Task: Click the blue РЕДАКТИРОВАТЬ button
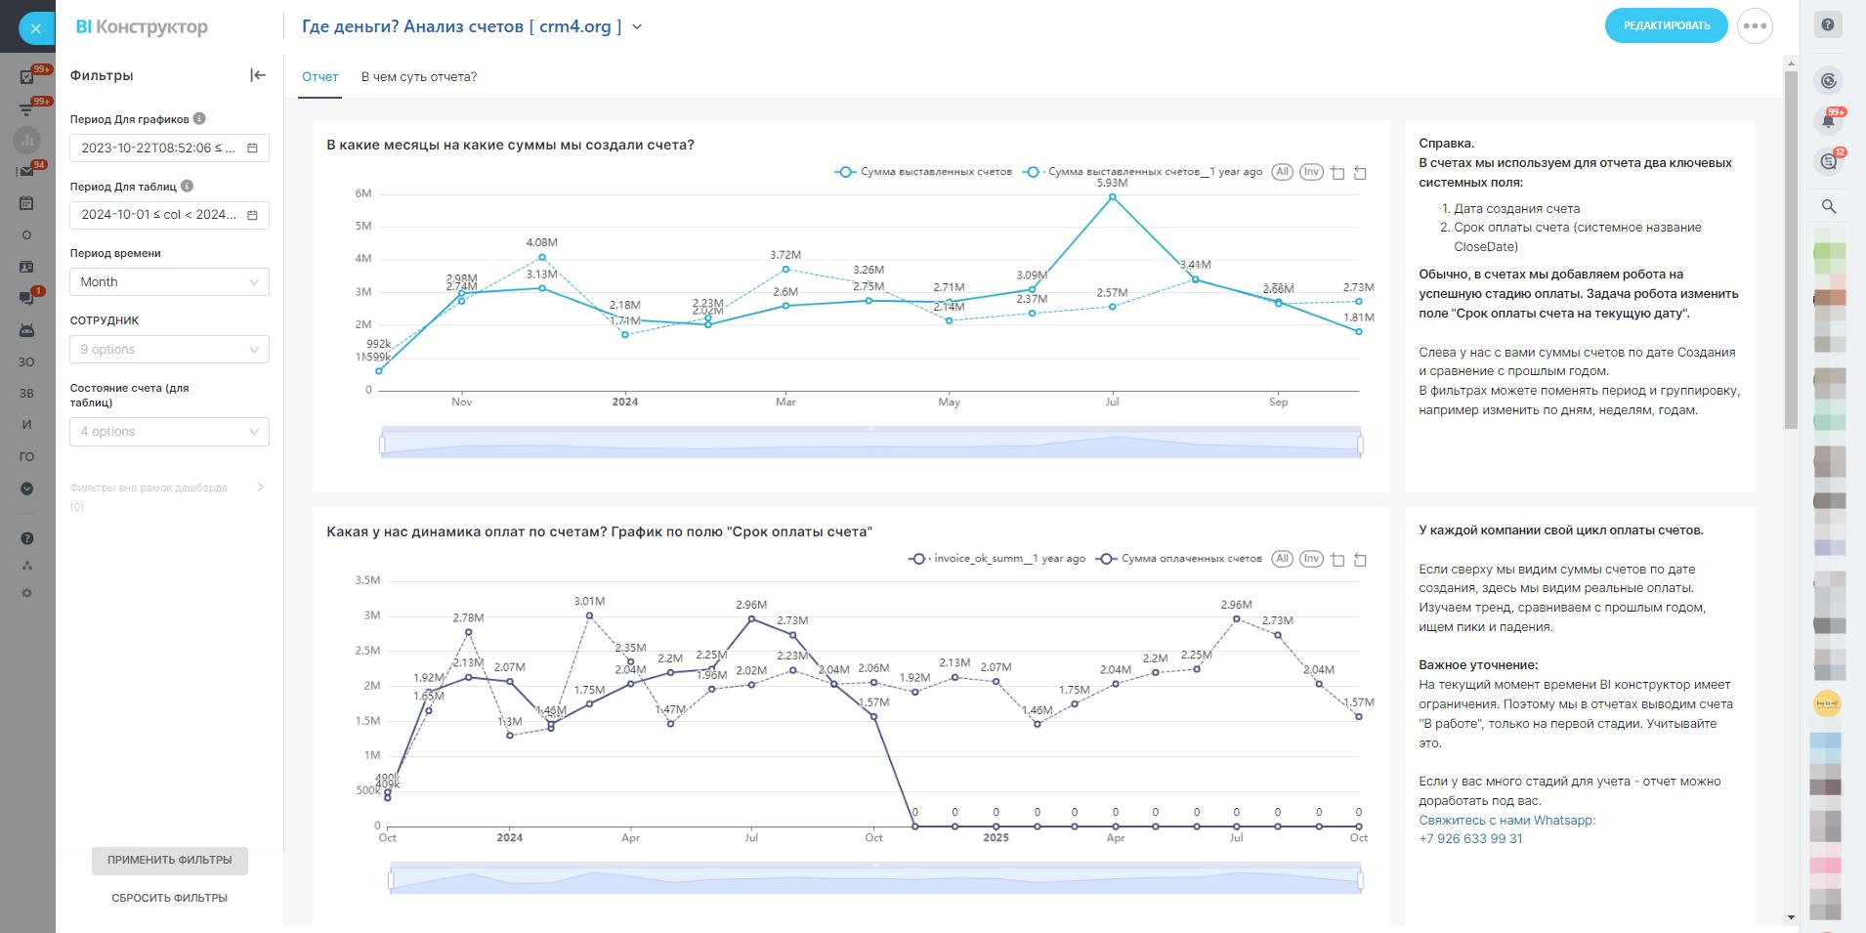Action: click(x=1666, y=25)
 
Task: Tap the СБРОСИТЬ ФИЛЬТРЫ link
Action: click(x=169, y=898)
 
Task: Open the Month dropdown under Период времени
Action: click(x=169, y=282)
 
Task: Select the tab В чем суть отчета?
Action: click(x=418, y=77)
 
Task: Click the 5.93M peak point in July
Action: click(x=1112, y=197)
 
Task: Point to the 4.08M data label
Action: click(x=541, y=242)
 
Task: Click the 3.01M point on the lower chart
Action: click(x=589, y=615)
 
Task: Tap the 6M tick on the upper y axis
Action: click(x=363, y=193)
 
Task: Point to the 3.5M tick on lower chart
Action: click(x=367, y=580)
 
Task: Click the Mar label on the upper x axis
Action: click(x=785, y=402)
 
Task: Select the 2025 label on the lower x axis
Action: click(x=996, y=837)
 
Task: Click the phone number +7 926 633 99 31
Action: click(x=1470, y=838)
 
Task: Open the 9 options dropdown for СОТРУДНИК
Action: click(x=169, y=350)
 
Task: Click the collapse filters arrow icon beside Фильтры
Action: click(x=258, y=75)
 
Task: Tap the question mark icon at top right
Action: click(x=1828, y=25)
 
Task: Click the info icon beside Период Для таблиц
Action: click(x=188, y=186)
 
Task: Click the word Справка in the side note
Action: click(x=1446, y=144)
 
